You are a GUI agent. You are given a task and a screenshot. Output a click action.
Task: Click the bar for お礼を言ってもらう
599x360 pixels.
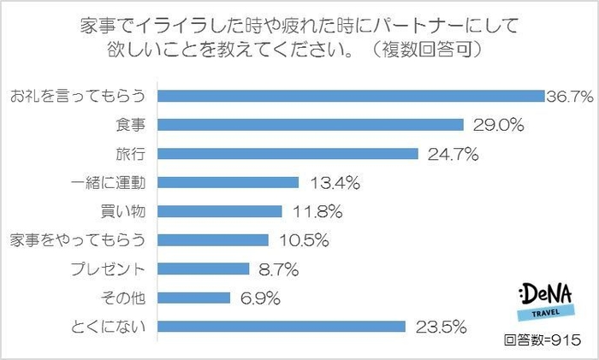[x=352, y=95]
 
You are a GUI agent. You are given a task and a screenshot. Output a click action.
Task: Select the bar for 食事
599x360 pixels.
[x=311, y=124]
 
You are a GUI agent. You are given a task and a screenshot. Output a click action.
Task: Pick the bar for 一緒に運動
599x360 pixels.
[x=228, y=182]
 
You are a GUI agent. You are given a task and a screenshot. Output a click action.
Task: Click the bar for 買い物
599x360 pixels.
[x=220, y=211]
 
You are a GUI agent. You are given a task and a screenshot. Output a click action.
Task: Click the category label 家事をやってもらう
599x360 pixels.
[x=78, y=240]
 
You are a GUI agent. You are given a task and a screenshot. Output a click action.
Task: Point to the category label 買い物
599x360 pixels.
[x=126, y=211]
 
